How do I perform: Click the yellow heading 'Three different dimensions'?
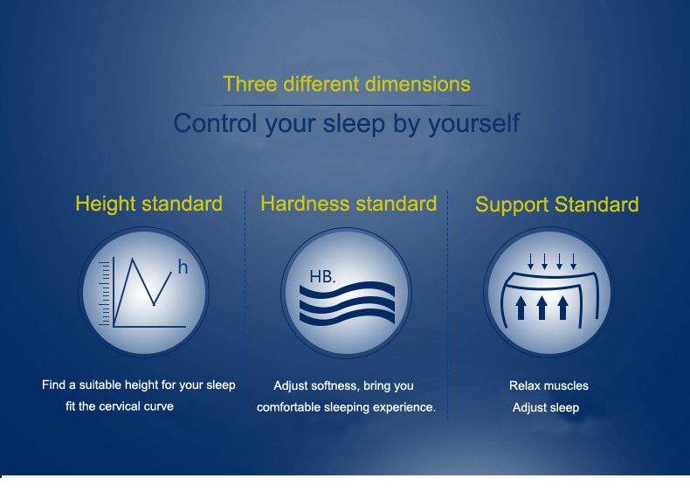tap(347, 84)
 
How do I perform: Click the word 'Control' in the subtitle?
tap(215, 123)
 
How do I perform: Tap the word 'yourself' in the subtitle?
tap(474, 123)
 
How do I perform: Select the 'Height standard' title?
tap(148, 204)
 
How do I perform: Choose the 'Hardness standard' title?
tap(348, 204)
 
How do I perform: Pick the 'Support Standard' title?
tap(556, 205)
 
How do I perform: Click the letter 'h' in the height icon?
tap(183, 267)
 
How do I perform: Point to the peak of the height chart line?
tap(132, 259)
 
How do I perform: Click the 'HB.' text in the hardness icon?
tap(322, 276)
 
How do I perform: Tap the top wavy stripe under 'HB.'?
tap(348, 291)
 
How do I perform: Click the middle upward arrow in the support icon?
tap(542, 308)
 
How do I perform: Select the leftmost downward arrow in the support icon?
tap(531, 261)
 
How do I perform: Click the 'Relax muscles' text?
tap(549, 385)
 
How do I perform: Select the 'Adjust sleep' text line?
tap(546, 408)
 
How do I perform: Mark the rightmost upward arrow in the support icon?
tap(562, 308)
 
